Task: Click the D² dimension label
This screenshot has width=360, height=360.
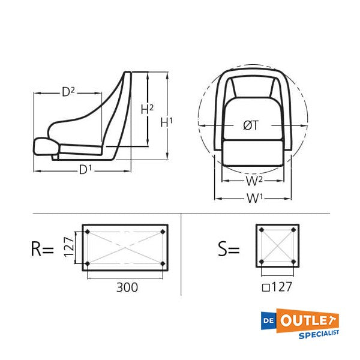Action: click(x=68, y=92)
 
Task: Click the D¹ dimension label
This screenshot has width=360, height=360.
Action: click(x=85, y=170)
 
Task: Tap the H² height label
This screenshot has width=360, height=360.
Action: click(x=147, y=109)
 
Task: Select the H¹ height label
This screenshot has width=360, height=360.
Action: click(x=167, y=122)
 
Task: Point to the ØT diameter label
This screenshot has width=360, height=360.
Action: click(x=251, y=126)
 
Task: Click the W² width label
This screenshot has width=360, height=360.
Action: click(x=254, y=181)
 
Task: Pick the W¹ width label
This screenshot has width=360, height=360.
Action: click(x=254, y=198)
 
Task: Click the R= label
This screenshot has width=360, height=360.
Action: click(x=43, y=250)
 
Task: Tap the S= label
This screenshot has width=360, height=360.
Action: click(x=229, y=250)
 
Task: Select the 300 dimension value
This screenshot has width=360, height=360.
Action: click(x=127, y=287)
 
